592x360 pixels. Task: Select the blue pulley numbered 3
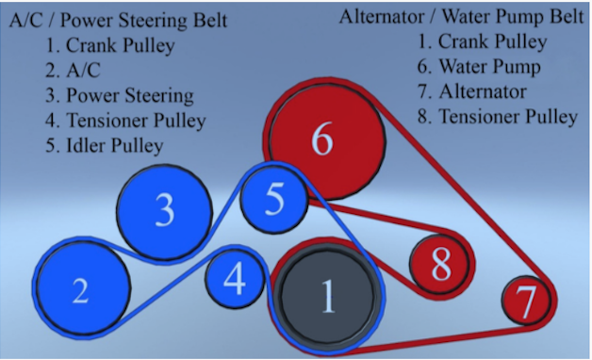[164, 212]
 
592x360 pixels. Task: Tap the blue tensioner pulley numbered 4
[235, 279]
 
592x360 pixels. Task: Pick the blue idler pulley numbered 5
[273, 200]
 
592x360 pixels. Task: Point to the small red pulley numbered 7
[526, 301]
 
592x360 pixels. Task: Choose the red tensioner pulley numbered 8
[440, 264]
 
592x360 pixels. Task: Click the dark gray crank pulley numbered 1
[328, 297]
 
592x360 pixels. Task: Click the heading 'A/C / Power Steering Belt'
[118, 20]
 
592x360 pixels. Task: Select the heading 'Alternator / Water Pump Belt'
[461, 17]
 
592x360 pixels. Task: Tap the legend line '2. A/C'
[73, 70]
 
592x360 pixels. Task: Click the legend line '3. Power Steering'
[120, 95]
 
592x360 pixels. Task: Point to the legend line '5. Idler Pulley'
[105, 146]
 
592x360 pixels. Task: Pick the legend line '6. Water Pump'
[479, 66]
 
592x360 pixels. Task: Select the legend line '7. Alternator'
[472, 91]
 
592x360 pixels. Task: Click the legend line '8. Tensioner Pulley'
[498, 117]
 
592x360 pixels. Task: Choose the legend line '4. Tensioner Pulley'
[125, 121]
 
